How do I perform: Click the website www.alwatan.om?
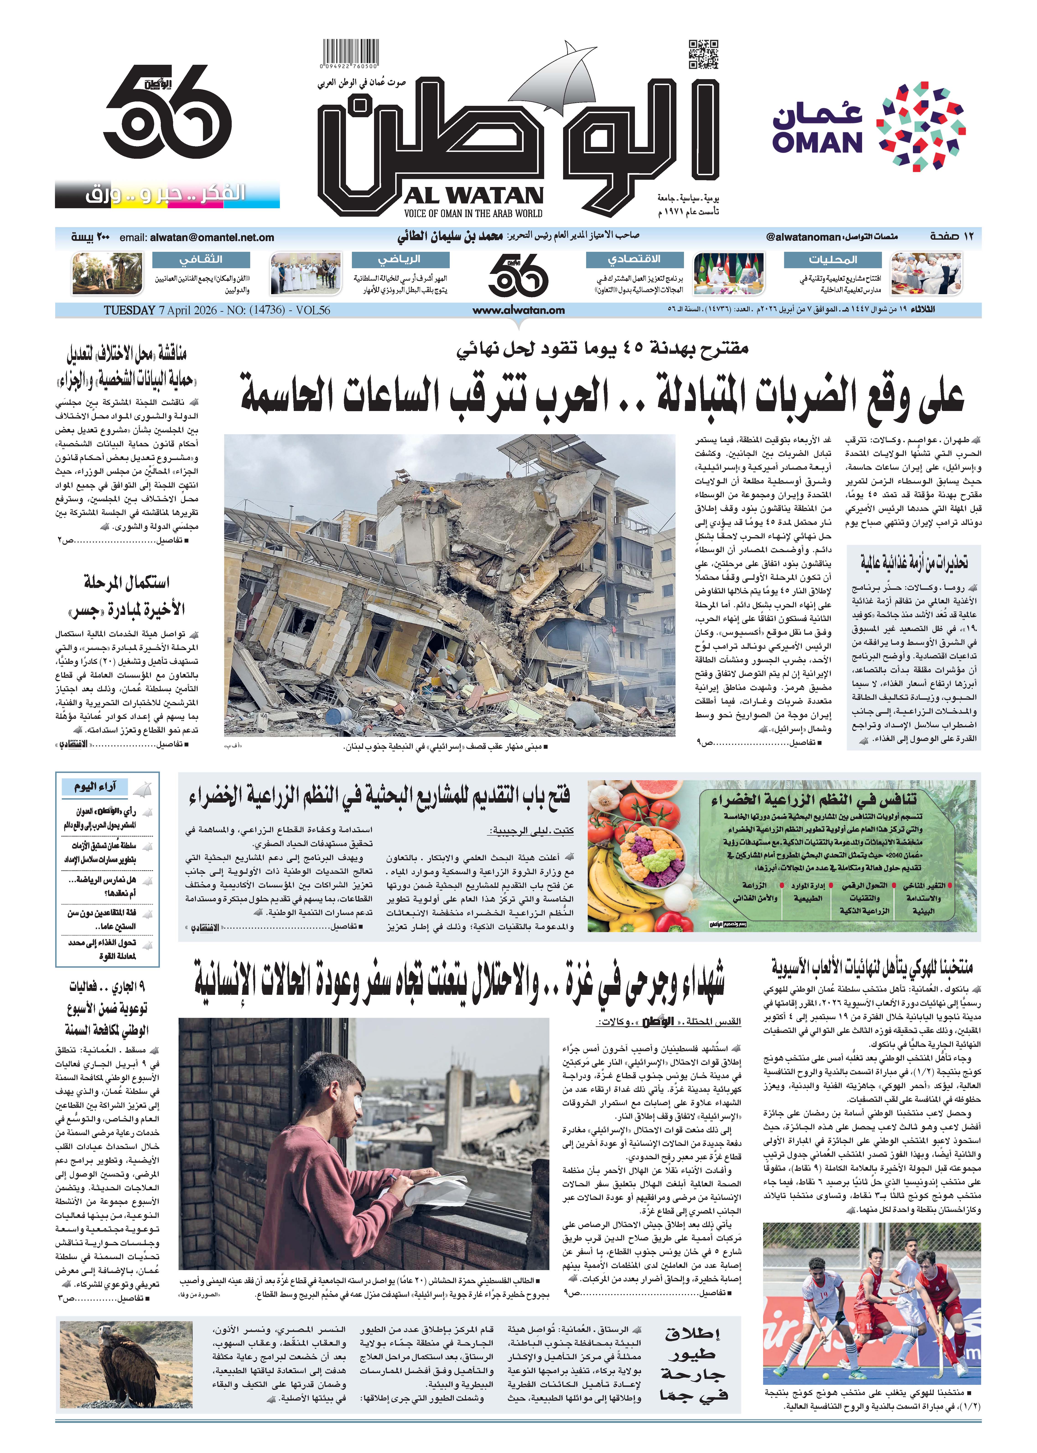click(519, 310)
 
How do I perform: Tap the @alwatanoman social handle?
click(803, 237)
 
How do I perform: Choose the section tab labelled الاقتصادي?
click(634, 259)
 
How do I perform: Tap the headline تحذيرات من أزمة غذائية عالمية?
click(913, 562)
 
